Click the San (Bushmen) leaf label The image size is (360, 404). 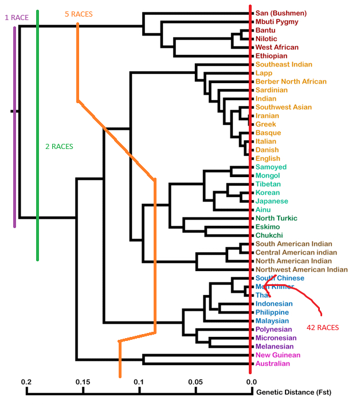pos(281,13)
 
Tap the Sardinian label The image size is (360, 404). pos(272,90)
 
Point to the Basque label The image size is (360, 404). pos(268,133)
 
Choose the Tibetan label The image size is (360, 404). pos(268,184)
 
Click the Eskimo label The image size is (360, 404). pos(268,227)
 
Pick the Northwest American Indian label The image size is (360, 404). pos(302,269)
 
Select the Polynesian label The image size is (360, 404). pos(274,330)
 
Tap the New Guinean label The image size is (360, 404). pos(278,355)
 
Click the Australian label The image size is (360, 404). pos(273,364)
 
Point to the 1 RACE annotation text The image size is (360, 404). pos(17,18)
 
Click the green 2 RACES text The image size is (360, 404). pos(59,147)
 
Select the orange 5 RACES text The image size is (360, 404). pos(79,14)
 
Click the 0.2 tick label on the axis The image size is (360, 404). pos(26,382)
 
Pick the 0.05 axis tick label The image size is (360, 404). pos(196,382)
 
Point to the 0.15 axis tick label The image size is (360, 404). pos(83,382)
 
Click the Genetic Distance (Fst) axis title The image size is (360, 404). pos(294,393)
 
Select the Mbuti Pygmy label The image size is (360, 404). pos(277,22)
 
